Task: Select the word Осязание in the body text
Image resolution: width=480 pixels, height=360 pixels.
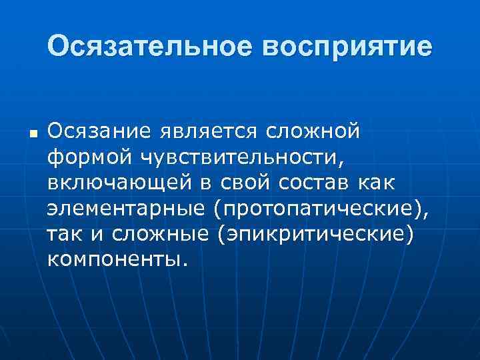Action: pos(99,131)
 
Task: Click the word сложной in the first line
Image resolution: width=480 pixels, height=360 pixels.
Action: pos(313,131)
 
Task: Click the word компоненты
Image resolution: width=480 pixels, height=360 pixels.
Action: pos(114,257)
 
